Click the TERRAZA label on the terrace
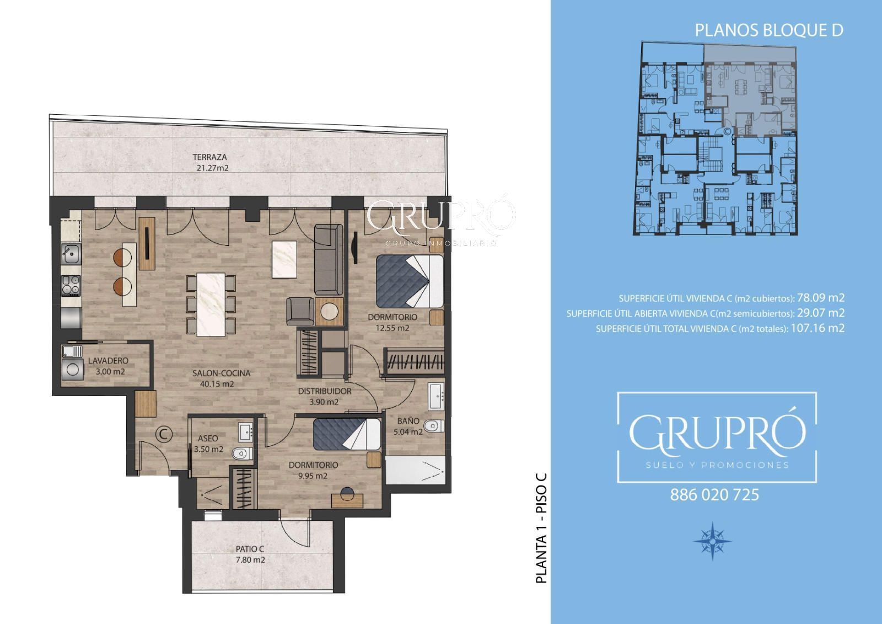209,157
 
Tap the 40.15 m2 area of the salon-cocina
217,384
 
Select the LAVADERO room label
108,360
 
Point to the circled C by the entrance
164,434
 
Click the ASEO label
208,438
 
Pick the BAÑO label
408,420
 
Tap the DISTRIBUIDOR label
325,391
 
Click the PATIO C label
250,549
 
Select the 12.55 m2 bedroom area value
392,328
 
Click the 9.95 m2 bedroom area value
313,476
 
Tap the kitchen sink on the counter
71,254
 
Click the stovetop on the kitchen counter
71,285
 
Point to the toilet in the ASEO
242,454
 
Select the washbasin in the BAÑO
436,396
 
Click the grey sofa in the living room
329,259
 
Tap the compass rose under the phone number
712,541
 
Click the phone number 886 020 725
714,495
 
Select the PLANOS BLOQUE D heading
769,30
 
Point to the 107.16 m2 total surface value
818,328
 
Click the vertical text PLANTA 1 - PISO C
542,528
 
